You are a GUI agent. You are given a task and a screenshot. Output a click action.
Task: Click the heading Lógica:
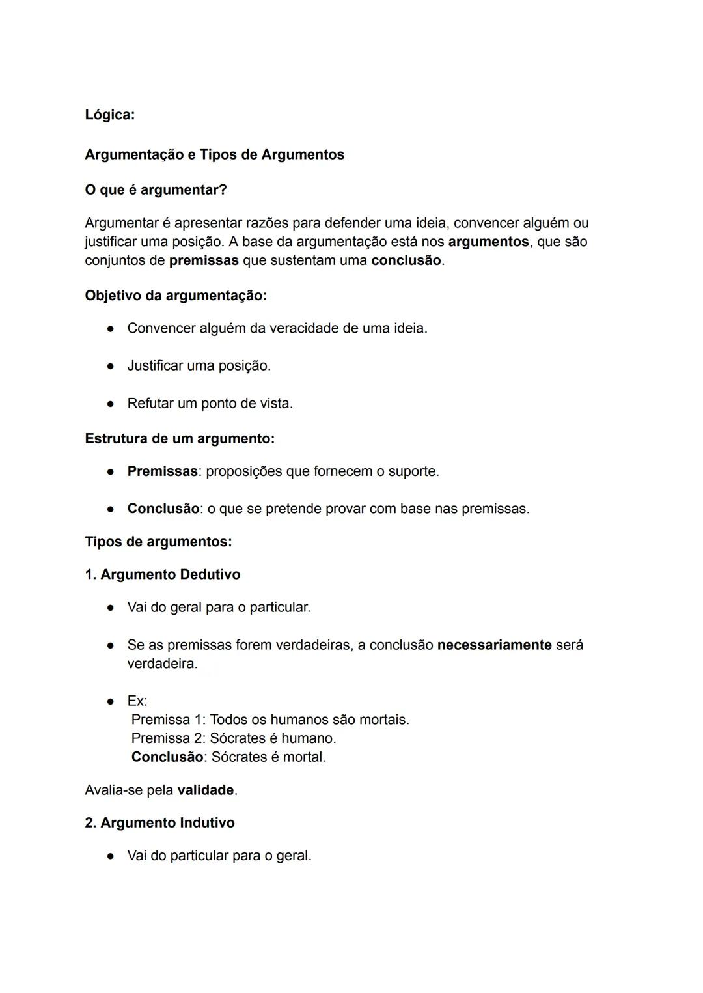(109, 115)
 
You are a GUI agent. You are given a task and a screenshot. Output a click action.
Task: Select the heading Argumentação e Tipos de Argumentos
(214, 154)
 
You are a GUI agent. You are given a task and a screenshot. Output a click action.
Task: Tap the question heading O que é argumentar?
(156, 189)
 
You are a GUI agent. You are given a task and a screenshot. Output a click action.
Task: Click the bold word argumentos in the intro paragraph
(488, 242)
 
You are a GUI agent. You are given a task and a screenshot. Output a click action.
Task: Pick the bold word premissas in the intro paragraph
(204, 260)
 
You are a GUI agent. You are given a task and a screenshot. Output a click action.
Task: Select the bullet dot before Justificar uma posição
(111, 366)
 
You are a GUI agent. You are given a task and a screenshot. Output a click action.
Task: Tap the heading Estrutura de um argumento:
(180, 438)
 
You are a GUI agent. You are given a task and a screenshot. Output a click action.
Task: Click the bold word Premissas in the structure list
(162, 471)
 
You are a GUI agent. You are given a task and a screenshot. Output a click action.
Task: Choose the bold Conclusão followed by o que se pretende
(163, 509)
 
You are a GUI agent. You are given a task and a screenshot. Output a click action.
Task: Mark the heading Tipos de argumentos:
(158, 541)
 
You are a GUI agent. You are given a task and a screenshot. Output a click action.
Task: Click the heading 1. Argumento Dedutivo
(163, 574)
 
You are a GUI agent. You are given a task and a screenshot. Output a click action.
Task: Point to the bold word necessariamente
(494, 645)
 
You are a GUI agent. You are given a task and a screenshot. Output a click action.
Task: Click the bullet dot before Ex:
(111, 701)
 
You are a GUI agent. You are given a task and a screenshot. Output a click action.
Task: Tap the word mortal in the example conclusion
(303, 757)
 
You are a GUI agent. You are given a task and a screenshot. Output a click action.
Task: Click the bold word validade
(205, 790)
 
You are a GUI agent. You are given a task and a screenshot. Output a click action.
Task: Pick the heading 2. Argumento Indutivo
(159, 822)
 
